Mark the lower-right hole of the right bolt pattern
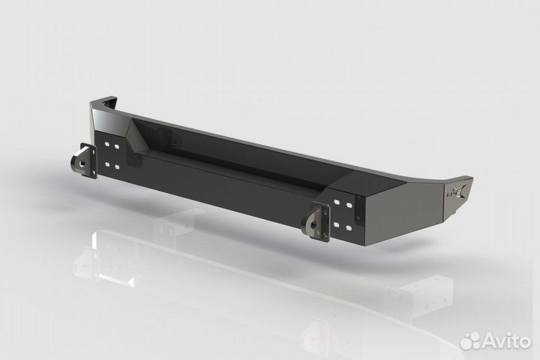point(349,226)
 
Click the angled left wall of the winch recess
point(139,139)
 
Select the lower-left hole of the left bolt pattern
point(107,163)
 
